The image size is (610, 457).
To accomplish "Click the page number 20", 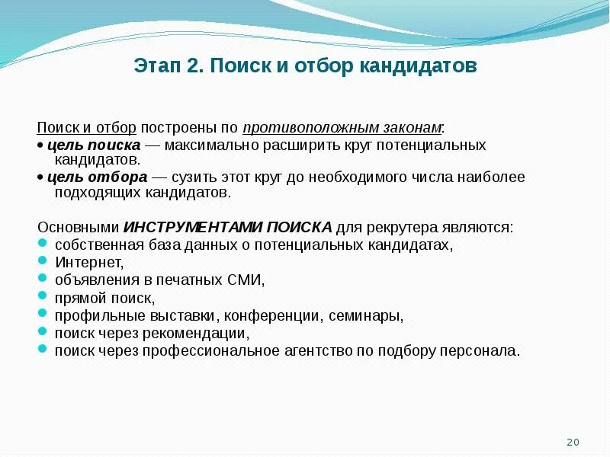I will click(x=573, y=443).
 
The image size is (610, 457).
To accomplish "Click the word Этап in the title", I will click(x=157, y=66).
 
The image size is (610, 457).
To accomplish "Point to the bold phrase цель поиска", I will click(x=93, y=145).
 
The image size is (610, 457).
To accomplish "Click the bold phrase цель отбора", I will click(x=97, y=177).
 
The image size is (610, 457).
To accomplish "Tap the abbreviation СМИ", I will click(x=246, y=280).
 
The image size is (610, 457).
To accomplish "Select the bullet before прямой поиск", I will click(x=42, y=297).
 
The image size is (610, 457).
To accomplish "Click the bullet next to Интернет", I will click(x=42, y=262).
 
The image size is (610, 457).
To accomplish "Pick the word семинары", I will click(x=365, y=315).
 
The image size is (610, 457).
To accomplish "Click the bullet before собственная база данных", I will click(x=42, y=244).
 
